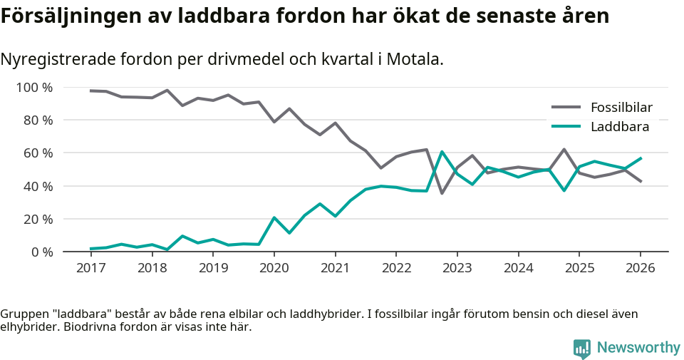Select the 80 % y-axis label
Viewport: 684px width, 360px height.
[x=38, y=120]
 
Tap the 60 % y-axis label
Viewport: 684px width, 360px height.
[x=38, y=153]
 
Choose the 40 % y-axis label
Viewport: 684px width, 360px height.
[x=38, y=186]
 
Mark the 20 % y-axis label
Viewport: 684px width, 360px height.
[x=38, y=219]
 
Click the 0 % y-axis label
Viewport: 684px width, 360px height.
[x=42, y=252]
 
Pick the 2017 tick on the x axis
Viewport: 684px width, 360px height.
[x=90, y=268]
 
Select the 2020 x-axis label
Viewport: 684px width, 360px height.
[x=274, y=268]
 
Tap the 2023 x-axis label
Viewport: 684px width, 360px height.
[x=457, y=268]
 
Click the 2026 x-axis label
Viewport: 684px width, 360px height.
[x=640, y=268]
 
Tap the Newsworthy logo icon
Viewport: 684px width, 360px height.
[x=581, y=349]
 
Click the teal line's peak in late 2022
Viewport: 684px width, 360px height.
[x=442, y=151]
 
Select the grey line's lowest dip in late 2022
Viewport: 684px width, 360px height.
[x=442, y=193]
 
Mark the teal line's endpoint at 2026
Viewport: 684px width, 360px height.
[x=641, y=158]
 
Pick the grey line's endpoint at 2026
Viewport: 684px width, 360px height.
[x=641, y=181]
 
